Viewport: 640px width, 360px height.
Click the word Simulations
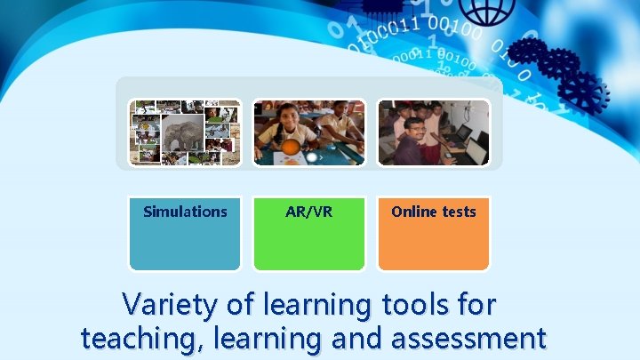click(185, 212)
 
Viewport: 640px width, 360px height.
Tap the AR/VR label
click(309, 212)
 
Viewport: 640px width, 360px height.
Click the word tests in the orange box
click(458, 212)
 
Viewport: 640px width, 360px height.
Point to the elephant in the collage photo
click(182, 133)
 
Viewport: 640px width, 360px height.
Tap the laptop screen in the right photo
click(475, 152)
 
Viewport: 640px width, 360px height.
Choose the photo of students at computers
click(434, 132)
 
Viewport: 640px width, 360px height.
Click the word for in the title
click(477, 305)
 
